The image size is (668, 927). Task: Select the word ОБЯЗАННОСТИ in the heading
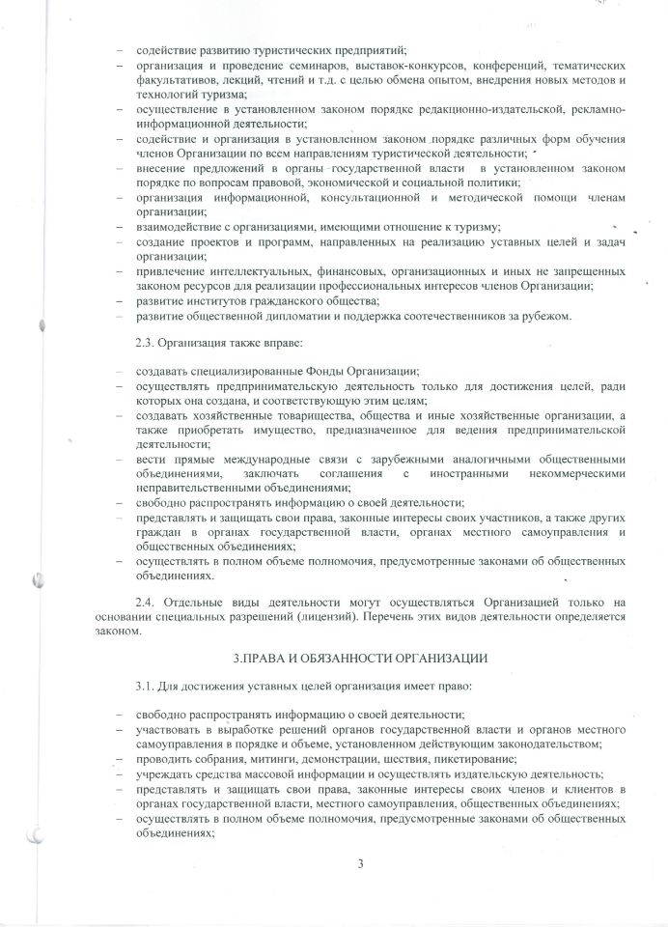[344, 657]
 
